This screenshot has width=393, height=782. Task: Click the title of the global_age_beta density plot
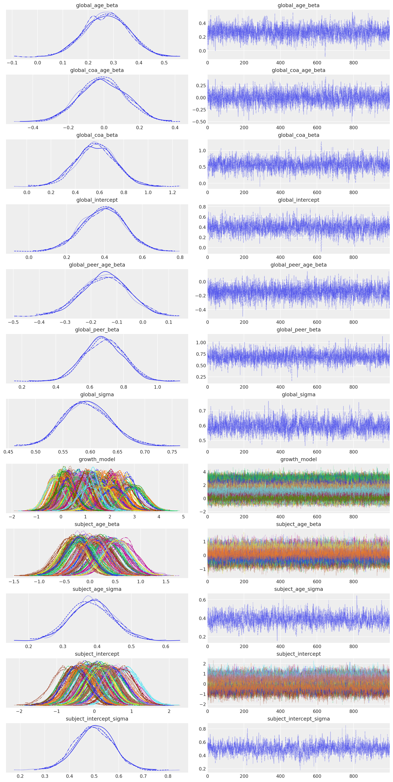(97, 6)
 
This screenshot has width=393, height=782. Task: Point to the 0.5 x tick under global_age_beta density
(164, 63)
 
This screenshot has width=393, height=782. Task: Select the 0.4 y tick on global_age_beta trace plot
(202, 23)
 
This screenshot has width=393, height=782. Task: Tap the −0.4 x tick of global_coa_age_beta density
(33, 128)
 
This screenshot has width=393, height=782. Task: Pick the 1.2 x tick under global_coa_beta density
(172, 192)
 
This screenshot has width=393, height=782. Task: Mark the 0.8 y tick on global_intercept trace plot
(202, 207)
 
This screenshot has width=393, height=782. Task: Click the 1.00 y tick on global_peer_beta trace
(201, 342)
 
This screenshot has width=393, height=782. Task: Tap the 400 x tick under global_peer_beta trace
(280, 387)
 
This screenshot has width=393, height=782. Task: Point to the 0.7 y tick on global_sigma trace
(202, 411)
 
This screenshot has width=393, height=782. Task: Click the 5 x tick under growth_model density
(183, 517)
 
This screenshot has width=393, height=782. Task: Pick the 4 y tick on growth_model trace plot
(204, 472)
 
